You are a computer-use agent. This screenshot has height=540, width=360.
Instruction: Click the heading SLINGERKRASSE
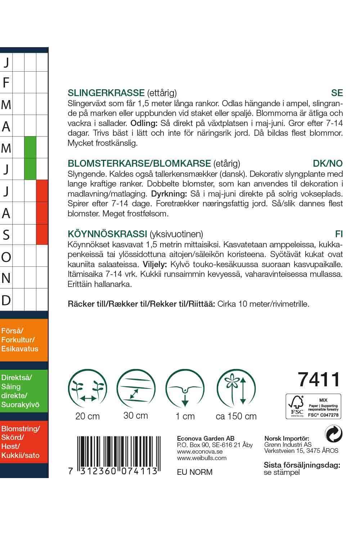[x=106, y=93]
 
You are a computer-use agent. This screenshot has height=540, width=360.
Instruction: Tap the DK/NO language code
[x=328, y=163]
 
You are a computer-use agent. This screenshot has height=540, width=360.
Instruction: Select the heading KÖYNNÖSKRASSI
[x=107, y=234]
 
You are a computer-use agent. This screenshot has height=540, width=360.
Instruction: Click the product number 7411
[x=319, y=379]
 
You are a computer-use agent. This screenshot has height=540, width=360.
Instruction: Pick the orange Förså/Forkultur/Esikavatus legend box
[x=24, y=340]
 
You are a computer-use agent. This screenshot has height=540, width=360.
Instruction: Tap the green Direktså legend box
[x=24, y=391]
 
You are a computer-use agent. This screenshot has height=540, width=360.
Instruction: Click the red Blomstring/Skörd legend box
[x=24, y=442]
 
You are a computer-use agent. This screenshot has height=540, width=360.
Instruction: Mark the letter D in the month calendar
[x=6, y=300]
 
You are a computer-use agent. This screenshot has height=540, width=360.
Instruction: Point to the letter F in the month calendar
[x=6, y=83]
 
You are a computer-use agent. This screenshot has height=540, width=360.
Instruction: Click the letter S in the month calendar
[x=6, y=235]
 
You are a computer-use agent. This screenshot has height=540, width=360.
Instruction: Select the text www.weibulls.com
[x=202, y=458]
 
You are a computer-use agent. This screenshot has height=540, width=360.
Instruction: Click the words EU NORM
[x=195, y=472]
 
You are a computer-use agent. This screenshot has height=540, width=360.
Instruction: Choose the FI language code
[x=339, y=234]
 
